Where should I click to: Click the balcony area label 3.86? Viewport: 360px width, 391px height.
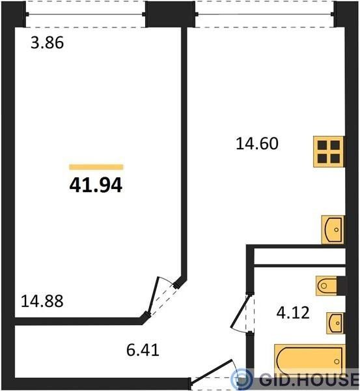(48, 43)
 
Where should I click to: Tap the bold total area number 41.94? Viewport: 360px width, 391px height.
(96, 185)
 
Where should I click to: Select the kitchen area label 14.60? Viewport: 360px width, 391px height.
(257, 144)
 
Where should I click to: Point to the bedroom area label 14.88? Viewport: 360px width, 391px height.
(42, 301)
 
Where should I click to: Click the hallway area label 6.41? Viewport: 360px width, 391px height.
(143, 350)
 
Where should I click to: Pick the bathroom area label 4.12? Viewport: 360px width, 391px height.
(293, 313)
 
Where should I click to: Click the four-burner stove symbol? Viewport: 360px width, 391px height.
(329, 152)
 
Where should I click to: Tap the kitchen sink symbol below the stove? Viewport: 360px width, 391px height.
(333, 229)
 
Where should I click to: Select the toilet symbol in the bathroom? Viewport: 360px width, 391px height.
(326, 286)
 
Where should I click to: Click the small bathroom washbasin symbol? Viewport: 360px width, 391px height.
(335, 323)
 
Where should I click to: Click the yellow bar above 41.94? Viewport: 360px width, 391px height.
(96, 167)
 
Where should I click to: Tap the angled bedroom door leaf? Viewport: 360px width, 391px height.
(154, 296)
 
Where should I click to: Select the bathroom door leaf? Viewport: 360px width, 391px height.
(240, 311)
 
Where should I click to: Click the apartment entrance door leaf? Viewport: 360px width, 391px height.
(212, 371)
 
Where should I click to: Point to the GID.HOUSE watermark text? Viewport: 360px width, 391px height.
(309, 379)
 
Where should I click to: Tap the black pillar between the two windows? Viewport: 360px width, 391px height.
(170, 14)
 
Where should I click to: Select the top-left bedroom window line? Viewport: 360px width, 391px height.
(85, 14)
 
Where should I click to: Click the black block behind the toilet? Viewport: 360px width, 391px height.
(341, 286)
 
